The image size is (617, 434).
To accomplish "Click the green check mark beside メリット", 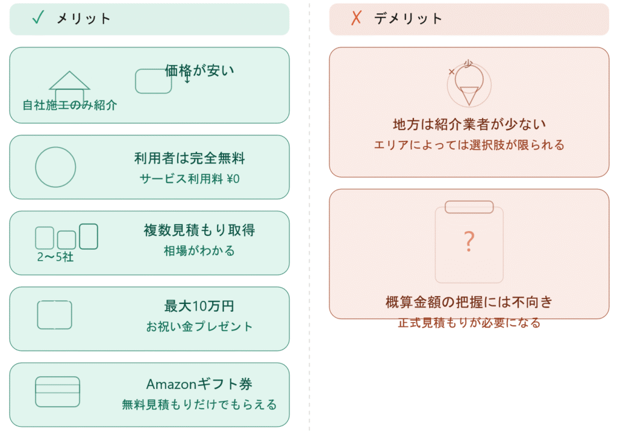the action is pos(38,17).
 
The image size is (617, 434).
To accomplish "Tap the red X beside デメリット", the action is pos(356,18).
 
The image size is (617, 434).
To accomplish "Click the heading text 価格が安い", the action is pos(199,71).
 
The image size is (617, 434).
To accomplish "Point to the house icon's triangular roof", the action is pos(70,81).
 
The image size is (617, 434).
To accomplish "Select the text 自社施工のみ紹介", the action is pos(70,105).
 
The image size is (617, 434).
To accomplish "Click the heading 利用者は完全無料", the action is pos(190,158).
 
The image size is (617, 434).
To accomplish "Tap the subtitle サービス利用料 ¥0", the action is pos(190,179).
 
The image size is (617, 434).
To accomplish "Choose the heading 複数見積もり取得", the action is pos(199,231).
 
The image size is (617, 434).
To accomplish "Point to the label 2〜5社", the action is pos(55,257).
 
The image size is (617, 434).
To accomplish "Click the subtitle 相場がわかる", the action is pos(199,251).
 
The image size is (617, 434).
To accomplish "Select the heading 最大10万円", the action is pos(199,306).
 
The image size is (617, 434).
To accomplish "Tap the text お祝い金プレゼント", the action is pos(199,327).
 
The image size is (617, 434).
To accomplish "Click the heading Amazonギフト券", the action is pos(199,384).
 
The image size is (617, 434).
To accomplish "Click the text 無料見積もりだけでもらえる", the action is pos(199,405).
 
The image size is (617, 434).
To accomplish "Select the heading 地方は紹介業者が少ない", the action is pos(469,125).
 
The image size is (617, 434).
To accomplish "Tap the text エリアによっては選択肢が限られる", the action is pos(469,145).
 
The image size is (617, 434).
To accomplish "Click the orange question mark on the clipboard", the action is pos(469,241).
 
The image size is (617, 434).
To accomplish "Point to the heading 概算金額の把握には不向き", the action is pos(469,302).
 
